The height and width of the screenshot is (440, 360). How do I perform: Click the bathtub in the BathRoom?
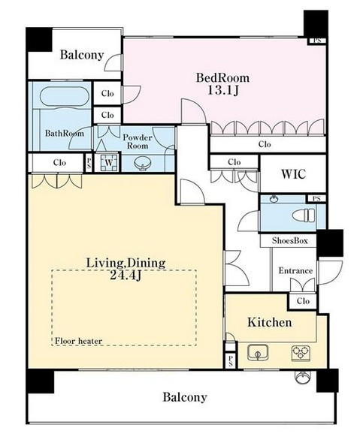(x=65, y=97)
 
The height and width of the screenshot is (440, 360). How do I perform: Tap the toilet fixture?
(x=304, y=215)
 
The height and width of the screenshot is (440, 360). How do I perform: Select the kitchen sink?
(x=258, y=353)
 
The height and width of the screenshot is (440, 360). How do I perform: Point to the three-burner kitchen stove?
(x=301, y=353)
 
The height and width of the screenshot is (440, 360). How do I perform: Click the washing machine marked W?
(x=109, y=162)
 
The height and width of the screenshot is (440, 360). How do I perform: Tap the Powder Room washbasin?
(x=142, y=164)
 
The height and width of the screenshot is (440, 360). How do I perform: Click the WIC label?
(x=293, y=174)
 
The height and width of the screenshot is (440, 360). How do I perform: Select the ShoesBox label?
(x=290, y=241)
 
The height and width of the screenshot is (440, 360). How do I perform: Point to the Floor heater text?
(x=78, y=341)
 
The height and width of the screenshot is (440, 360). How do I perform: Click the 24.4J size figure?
(x=126, y=276)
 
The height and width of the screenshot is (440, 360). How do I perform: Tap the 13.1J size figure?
(x=223, y=90)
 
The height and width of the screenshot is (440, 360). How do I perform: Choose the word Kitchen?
(x=270, y=322)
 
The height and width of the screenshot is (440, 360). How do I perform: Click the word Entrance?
(x=295, y=270)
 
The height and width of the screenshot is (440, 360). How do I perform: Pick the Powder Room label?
(x=138, y=141)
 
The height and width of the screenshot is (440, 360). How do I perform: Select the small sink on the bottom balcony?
(x=303, y=378)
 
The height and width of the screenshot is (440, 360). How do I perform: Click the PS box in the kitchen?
(x=231, y=360)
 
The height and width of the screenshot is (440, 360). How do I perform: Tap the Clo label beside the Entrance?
(x=303, y=301)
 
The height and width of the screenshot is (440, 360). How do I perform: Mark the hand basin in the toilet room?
(x=274, y=199)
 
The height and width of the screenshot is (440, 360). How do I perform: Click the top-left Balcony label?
(x=82, y=55)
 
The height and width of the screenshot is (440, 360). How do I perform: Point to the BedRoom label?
(x=222, y=78)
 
